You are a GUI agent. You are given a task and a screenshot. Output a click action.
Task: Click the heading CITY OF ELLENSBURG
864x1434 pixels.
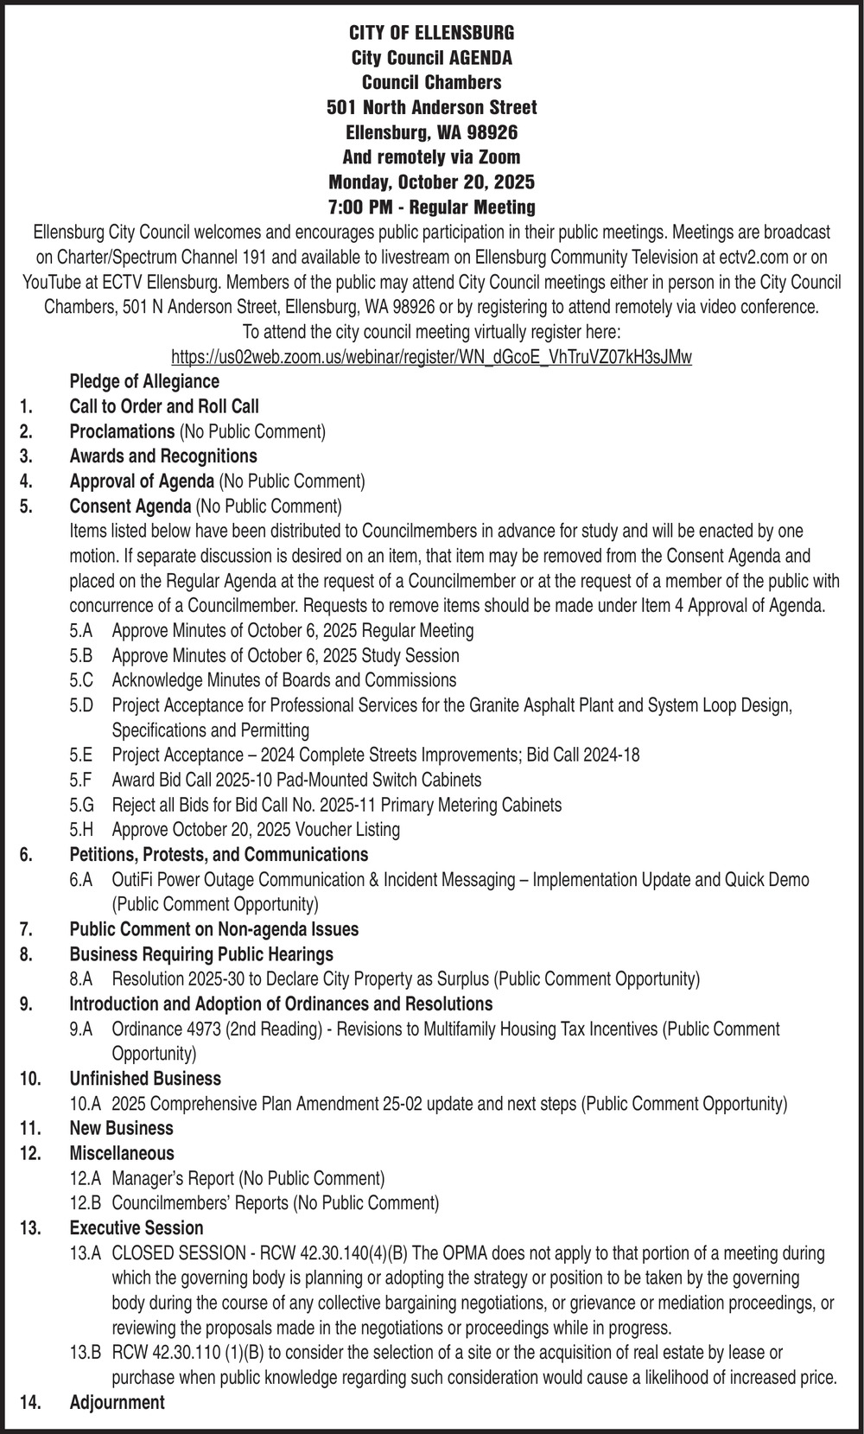tap(431, 33)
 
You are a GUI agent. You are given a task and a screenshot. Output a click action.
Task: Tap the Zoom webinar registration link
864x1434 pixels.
tap(431, 357)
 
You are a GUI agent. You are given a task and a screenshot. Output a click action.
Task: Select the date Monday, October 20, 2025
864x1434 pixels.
tap(431, 182)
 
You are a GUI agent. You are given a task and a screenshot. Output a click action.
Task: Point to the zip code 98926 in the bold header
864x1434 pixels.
tap(490, 132)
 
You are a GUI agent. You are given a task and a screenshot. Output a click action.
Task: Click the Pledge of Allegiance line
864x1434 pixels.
tap(144, 381)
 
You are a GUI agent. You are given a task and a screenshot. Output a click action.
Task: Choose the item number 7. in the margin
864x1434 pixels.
tap(26, 929)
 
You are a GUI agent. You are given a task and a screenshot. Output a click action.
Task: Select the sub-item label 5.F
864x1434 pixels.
tap(81, 780)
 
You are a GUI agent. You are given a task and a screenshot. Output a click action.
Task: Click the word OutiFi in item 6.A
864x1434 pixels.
tap(132, 880)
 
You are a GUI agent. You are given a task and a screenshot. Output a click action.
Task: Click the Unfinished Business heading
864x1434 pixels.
tap(145, 1079)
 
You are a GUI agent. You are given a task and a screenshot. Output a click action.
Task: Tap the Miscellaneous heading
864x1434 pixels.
tap(122, 1153)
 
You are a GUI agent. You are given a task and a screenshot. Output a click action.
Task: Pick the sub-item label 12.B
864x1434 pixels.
tap(86, 1203)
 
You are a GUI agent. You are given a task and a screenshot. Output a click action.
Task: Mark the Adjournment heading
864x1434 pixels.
tap(117, 1403)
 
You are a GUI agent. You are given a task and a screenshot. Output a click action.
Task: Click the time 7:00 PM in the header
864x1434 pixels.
tap(364, 207)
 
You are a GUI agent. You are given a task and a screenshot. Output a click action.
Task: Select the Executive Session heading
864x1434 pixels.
tap(137, 1228)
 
